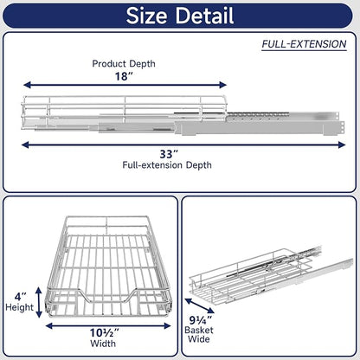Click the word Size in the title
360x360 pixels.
click(x=146, y=16)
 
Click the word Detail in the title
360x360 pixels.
click(x=204, y=16)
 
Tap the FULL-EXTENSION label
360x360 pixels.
click(x=304, y=44)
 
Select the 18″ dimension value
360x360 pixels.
click(x=124, y=76)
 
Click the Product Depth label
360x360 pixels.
click(x=124, y=64)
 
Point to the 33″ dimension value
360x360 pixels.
click(x=168, y=154)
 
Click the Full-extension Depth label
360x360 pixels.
click(x=167, y=165)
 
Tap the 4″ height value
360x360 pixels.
click(x=21, y=297)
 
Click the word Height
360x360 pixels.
click(x=20, y=307)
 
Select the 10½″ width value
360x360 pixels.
click(x=105, y=333)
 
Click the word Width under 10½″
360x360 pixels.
click(x=103, y=344)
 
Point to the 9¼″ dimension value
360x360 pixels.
click(x=201, y=320)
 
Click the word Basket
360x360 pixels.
click(x=199, y=330)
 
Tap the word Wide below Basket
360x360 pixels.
click(x=199, y=339)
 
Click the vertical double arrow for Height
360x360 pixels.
click(x=39, y=302)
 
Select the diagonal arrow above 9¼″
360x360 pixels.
click(x=200, y=305)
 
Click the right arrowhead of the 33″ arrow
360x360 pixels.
click(x=343, y=145)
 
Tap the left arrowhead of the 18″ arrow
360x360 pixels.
click(x=27, y=85)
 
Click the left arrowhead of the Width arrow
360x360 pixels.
click(x=49, y=326)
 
